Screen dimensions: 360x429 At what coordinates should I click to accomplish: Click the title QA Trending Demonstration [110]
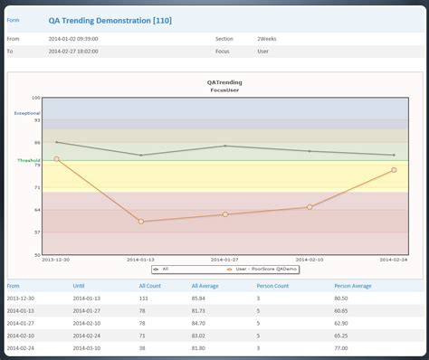tap(110, 19)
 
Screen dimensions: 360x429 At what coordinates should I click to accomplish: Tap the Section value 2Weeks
tap(267, 39)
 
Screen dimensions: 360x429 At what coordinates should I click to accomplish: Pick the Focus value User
tap(263, 51)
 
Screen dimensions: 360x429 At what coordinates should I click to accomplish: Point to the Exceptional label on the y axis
tap(26, 113)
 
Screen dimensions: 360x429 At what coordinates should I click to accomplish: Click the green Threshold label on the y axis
tap(28, 160)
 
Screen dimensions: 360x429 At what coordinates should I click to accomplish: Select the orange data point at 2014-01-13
tap(140, 221)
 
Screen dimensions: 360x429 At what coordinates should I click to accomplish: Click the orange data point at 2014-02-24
tap(393, 169)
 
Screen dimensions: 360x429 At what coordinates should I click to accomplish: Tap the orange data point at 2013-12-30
tap(56, 159)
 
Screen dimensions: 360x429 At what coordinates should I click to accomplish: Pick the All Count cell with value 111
tap(144, 298)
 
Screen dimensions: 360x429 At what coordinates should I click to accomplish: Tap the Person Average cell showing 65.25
tap(341, 335)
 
